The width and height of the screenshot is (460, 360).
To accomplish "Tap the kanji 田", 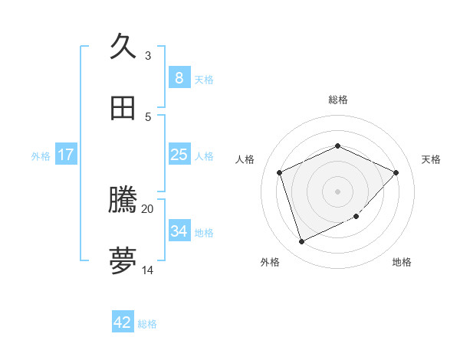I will coord(123,108).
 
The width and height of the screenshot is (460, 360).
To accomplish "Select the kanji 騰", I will coord(123,201).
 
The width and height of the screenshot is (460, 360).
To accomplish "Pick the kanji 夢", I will coord(123,261).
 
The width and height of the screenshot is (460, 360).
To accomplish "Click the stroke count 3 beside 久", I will coord(148,56).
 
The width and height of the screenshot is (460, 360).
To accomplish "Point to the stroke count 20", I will coord(148,208).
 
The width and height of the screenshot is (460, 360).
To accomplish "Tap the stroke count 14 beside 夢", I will coord(148,270).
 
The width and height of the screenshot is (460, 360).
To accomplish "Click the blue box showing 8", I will coord(179,78).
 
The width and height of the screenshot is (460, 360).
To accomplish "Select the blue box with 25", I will coord(179,155).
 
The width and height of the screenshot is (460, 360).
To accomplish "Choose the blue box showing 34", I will coord(179,231).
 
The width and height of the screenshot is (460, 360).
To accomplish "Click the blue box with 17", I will coord(66,155).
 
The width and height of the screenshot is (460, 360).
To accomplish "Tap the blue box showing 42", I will coord(123,322).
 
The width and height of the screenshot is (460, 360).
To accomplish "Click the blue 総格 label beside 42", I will coord(147,324).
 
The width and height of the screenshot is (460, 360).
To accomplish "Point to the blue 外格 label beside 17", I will coord(41,156).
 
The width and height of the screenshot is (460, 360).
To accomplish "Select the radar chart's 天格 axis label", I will coord(431,159).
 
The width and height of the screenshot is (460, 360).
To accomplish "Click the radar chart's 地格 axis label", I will coord(402,262).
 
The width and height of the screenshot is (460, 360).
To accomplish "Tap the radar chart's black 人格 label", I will coord(245,159).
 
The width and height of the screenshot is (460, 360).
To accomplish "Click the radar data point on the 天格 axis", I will coord(396,172).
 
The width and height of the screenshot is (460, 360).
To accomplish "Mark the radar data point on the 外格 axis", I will coord(301,242).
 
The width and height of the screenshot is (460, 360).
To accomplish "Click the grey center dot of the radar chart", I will coord(337,191).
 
